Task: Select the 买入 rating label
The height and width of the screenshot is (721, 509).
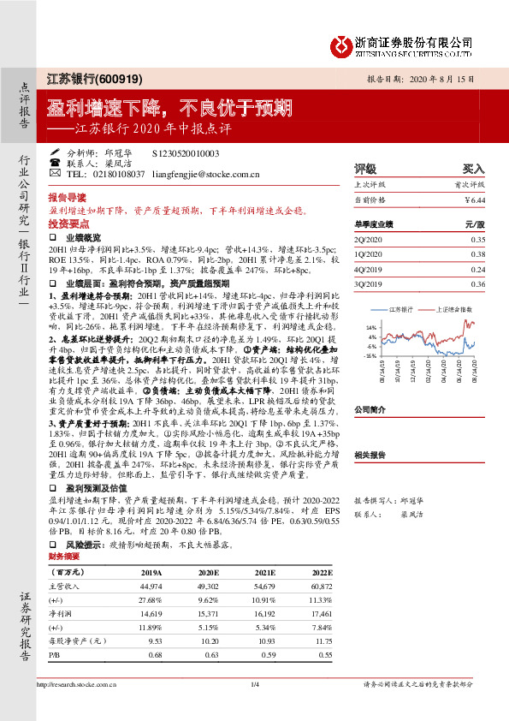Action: pyautogui.click(x=473, y=169)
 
